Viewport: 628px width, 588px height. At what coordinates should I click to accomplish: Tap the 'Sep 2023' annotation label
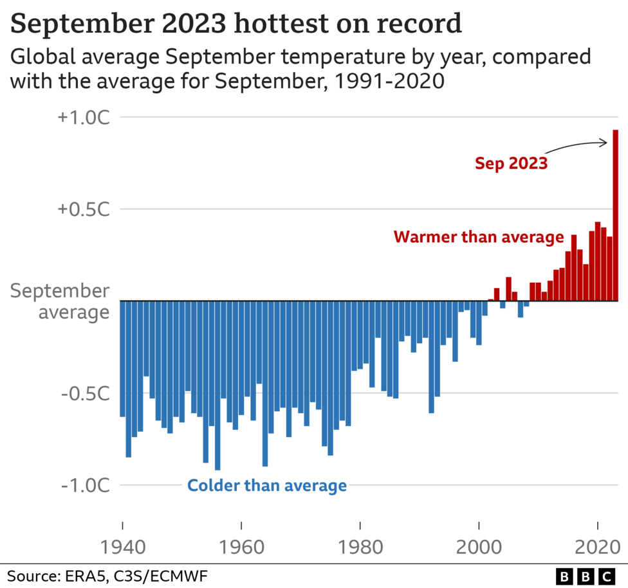511,163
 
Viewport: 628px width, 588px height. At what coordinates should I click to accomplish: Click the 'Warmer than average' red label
479,237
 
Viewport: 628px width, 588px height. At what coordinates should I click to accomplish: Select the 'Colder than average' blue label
267,486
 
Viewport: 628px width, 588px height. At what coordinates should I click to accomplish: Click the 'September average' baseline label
60,301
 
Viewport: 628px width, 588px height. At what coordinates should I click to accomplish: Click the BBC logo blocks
585,575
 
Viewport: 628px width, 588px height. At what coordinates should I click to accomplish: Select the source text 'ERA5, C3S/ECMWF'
135,575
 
